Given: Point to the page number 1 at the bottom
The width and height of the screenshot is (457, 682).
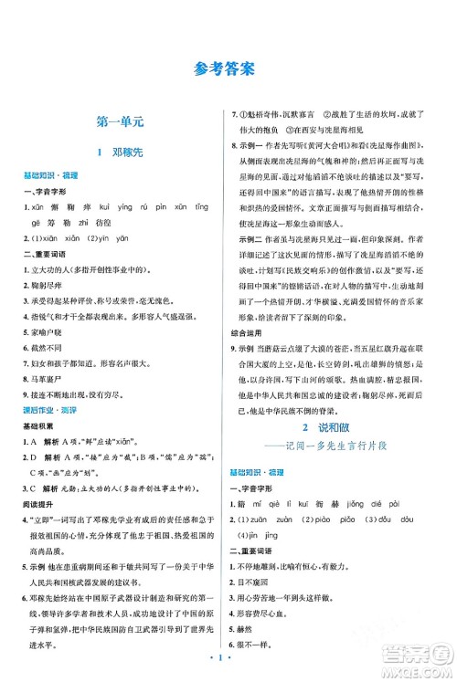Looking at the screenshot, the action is (228, 668).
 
